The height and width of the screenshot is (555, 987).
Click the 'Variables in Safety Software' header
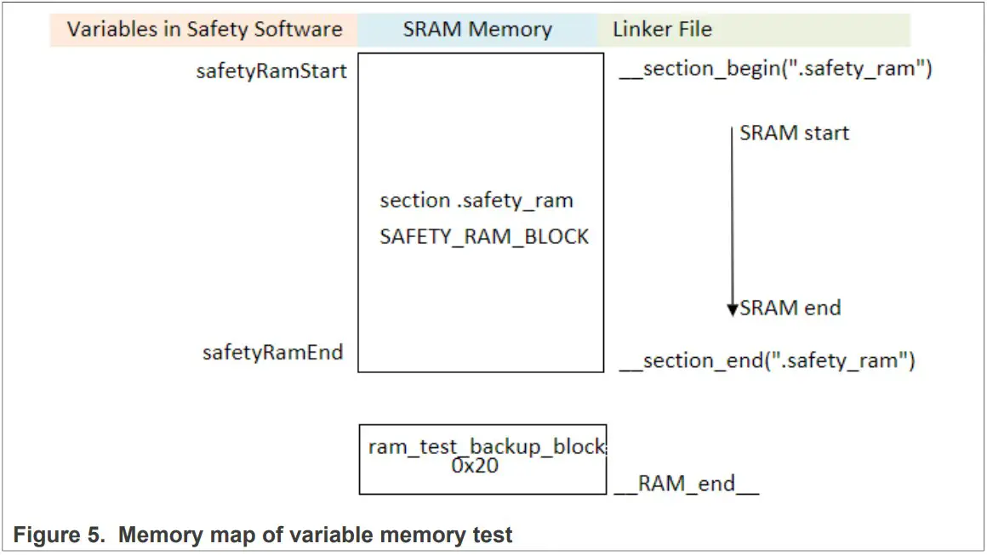coord(204,30)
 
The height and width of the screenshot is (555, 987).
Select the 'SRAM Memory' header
coord(477,30)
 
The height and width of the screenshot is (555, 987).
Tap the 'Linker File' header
coord(662,30)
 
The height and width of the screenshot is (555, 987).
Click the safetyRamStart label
coord(271,71)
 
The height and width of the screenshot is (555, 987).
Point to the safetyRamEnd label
coord(272,352)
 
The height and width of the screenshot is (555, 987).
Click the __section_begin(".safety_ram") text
coord(775,69)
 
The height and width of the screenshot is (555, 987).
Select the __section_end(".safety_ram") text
coord(767,360)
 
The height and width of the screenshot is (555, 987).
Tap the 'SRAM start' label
coord(794,133)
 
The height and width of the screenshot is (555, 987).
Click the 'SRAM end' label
coord(790,308)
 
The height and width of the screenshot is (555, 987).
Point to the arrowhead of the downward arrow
coord(733,311)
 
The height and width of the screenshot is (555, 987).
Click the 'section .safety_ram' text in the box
coord(476,201)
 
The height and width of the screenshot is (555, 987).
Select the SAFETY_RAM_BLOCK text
coord(484,236)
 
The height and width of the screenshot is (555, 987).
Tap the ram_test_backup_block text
coord(486,447)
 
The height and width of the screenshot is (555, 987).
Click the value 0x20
coord(475,466)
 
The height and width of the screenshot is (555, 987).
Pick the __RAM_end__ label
coord(687,484)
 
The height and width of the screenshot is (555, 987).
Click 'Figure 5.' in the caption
coord(55,535)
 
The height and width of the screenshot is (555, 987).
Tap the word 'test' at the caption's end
coord(492,535)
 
